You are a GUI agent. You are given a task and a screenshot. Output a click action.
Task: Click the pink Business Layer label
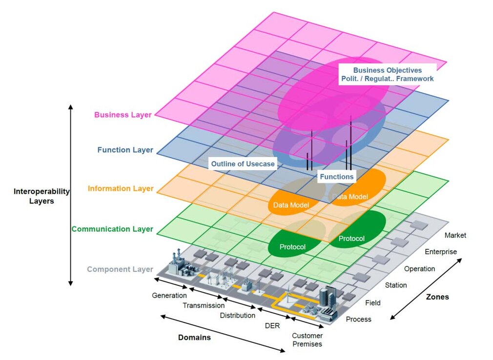click(123, 115)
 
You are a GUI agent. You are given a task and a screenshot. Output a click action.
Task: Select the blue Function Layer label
click(125, 150)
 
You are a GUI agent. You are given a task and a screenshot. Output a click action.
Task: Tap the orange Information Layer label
click(121, 188)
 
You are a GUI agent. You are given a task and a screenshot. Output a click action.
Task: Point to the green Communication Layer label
click(112, 229)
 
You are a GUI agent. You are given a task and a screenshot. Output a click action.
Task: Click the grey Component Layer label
click(120, 269)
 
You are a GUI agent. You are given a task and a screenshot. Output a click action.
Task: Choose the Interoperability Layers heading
click(41, 196)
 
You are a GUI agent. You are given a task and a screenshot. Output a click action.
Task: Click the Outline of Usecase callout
click(243, 164)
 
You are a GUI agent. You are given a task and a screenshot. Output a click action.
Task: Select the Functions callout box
click(336, 177)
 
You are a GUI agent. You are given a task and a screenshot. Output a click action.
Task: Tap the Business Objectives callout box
click(387, 74)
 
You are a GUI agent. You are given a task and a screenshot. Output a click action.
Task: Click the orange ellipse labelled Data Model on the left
click(291, 205)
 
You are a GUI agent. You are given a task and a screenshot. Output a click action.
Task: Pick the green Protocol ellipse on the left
click(293, 247)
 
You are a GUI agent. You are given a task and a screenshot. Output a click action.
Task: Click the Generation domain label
click(169, 295)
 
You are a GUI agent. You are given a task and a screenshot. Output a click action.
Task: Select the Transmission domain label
click(204, 305)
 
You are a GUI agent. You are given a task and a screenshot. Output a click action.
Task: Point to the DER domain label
click(272, 325)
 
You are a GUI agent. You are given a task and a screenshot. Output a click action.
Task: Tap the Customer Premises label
click(307, 340)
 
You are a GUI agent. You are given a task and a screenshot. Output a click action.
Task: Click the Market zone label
click(455, 235)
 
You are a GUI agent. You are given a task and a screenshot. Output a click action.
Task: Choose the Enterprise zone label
click(441, 252)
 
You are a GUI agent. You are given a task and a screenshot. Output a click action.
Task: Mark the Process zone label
click(358, 319)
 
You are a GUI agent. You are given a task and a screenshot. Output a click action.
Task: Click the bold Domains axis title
click(194, 337)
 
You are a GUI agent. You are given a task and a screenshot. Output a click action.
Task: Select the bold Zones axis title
click(437, 297)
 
